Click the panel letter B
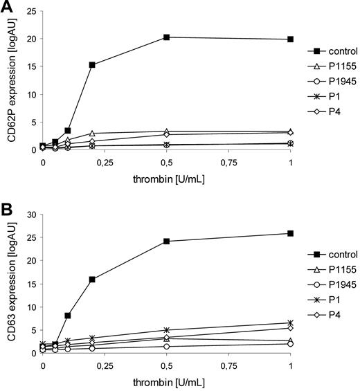tap(6, 208)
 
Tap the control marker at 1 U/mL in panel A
tap(291, 39)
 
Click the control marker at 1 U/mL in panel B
tap(291, 233)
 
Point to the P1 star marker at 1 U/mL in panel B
tap(291, 322)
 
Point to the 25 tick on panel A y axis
tap(32, 12)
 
